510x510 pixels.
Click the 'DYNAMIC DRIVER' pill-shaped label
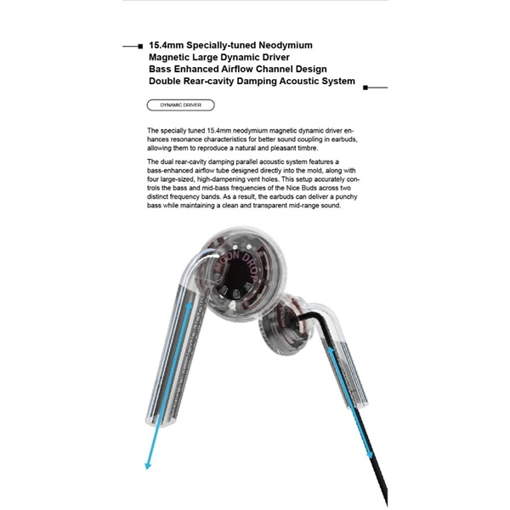(x=180, y=105)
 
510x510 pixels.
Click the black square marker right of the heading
(x=365, y=87)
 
